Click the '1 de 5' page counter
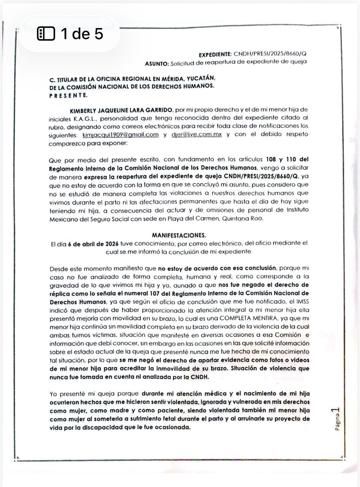click(x=82, y=34)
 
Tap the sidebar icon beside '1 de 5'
click(x=46, y=34)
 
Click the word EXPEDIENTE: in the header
click(x=215, y=54)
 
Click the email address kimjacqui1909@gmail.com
click(x=120, y=135)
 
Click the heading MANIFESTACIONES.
click(x=179, y=235)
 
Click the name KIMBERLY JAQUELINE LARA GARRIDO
click(x=121, y=110)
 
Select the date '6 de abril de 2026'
click(x=93, y=244)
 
